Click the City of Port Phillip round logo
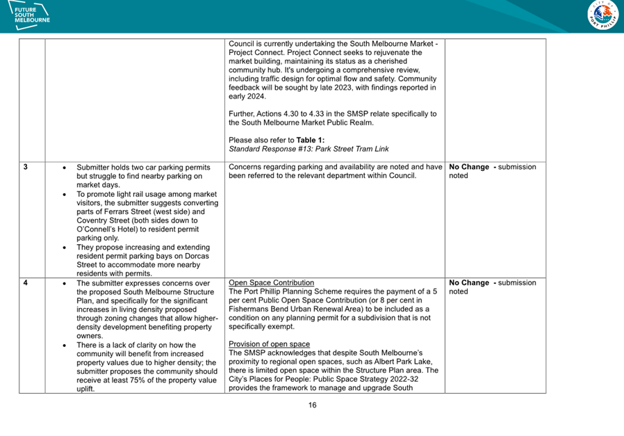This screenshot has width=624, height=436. pos(602,15)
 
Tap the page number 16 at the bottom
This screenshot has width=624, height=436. pos(312,405)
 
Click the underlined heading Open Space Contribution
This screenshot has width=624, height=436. pos(271,283)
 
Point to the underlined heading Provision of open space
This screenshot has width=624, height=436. pos(269,344)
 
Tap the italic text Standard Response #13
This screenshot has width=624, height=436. pos(268,149)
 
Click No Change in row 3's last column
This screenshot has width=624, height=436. pos(469,167)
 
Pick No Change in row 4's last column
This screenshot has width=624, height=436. pos(469,283)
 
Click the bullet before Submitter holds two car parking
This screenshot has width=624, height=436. pos(65,168)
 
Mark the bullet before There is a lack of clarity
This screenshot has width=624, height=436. pos(65,345)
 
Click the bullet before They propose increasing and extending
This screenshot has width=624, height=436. pos(65,247)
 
